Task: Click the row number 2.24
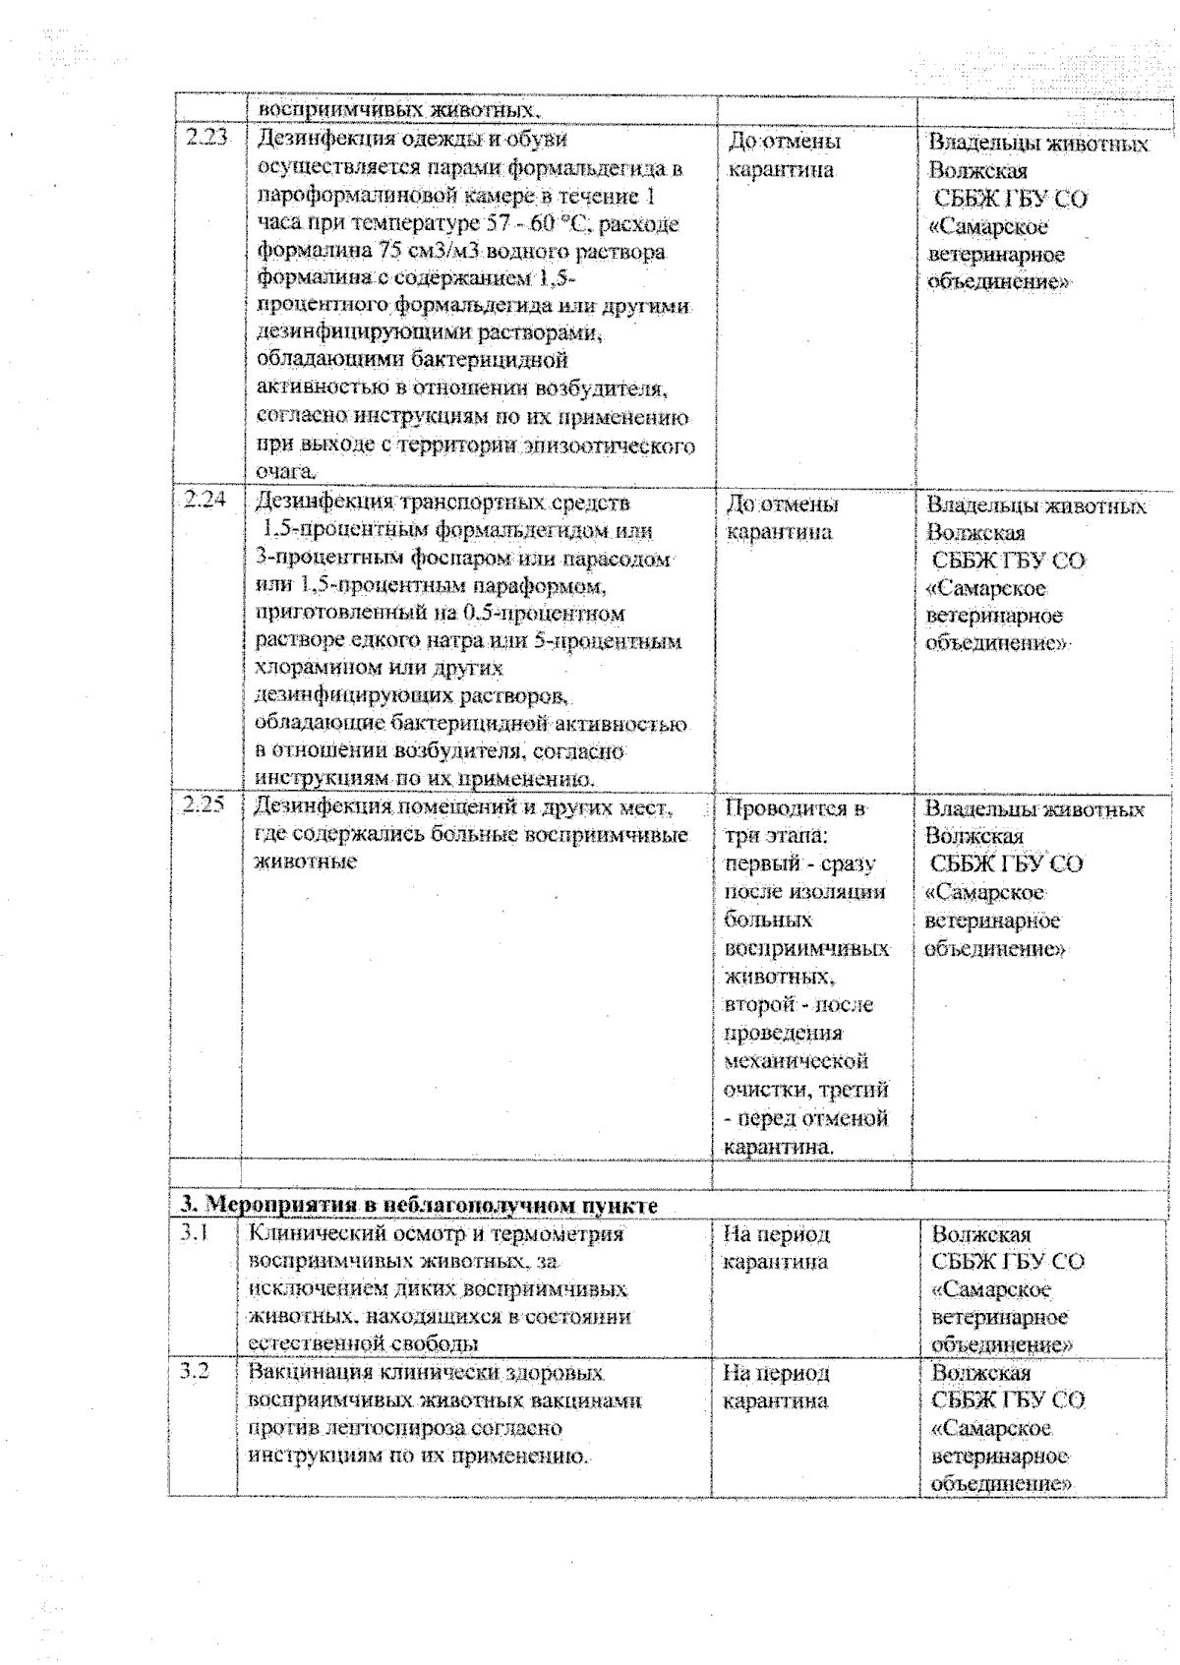[206, 499]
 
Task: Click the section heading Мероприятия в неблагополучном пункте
[418, 1205]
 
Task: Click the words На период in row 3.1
[777, 1233]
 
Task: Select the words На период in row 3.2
[777, 1373]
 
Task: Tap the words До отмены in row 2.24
[783, 505]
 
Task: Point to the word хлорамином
[316, 669]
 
